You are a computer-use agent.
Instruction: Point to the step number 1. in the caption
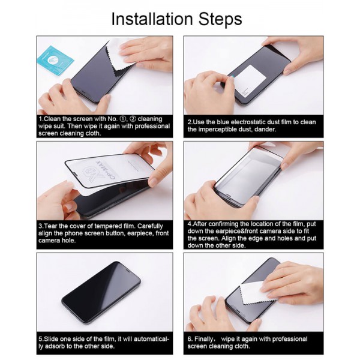pos(41,119)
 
